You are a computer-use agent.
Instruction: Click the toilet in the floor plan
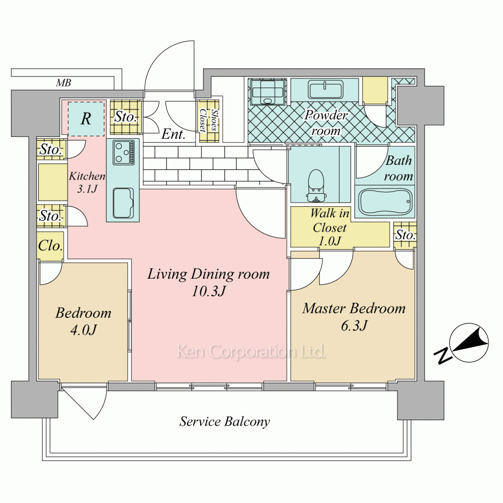(316, 186)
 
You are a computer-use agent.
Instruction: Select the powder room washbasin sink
(324, 90)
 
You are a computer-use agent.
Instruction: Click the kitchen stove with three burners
(124, 152)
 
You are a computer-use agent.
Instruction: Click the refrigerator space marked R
(86, 119)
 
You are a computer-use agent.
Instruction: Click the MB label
(63, 83)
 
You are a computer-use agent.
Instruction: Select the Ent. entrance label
(173, 134)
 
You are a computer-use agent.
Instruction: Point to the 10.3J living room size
(209, 291)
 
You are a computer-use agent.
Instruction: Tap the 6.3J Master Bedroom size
(354, 325)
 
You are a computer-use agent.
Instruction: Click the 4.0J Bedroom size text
(83, 330)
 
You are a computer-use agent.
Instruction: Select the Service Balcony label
(224, 422)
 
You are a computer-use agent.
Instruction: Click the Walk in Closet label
(330, 220)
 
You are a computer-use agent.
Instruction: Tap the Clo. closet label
(50, 246)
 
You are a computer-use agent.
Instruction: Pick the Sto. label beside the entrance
(126, 117)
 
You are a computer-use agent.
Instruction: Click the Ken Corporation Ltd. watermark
(251, 352)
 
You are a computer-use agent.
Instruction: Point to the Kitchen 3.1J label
(87, 182)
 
